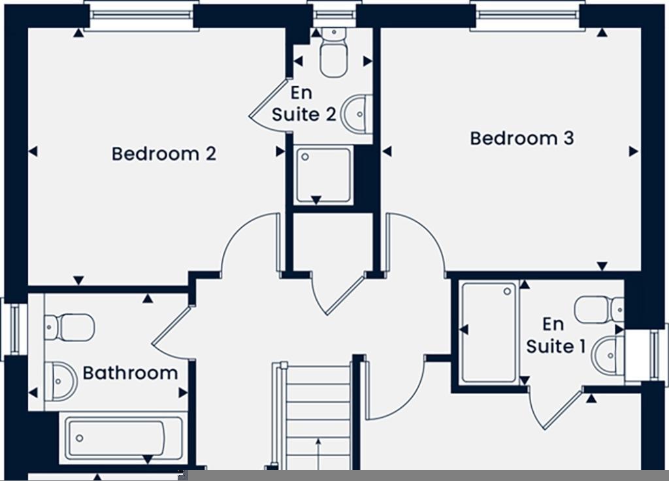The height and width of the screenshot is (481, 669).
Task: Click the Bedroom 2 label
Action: (163, 154)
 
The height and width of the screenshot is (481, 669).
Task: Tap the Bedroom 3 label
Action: (521, 138)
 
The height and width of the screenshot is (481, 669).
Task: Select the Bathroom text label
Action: (130, 373)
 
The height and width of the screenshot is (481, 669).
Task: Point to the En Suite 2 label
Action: (304, 104)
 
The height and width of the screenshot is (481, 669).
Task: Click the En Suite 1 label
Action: (555, 335)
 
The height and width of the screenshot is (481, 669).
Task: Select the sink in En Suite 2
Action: (359, 114)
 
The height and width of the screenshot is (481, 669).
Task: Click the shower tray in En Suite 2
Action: (323, 176)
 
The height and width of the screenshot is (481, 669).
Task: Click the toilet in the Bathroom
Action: (69, 327)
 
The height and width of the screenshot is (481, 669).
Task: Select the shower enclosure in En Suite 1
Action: (489, 332)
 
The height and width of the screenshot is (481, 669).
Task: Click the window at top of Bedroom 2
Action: (141, 15)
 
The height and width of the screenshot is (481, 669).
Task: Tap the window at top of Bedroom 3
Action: (527, 15)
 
